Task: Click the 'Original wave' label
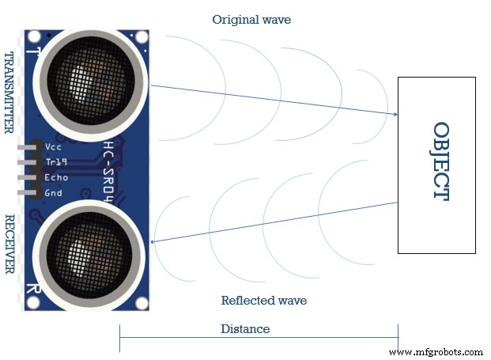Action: click(251, 20)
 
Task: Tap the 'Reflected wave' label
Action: click(264, 301)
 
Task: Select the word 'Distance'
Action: click(245, 328)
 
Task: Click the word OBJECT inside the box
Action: click(441, 161)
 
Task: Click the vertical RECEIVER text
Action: click(10, 244)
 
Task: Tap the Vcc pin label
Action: click(54, 147)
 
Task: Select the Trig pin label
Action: click(56, 162)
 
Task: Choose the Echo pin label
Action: click(57, 177)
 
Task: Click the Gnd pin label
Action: click(54, 193)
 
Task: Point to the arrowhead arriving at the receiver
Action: click(153, 241)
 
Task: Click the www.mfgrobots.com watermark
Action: click(436, 351)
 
